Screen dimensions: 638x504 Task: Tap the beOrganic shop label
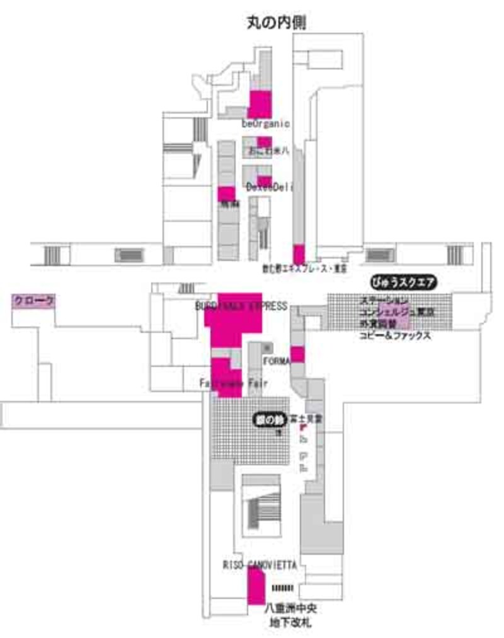(265, 124)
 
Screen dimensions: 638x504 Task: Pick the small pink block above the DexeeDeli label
(264, 180)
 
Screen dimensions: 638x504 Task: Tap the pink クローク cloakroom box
(34, 301)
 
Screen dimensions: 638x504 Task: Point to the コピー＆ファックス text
(395, 336)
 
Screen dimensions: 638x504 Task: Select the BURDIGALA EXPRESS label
(241, 306)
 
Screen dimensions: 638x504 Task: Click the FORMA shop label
(276, 361)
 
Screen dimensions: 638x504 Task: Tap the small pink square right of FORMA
(297, 354)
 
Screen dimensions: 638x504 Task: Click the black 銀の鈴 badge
(270, 420)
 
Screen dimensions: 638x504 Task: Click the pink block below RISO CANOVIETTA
(256, 587)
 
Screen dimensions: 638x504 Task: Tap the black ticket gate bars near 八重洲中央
(282, 588)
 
